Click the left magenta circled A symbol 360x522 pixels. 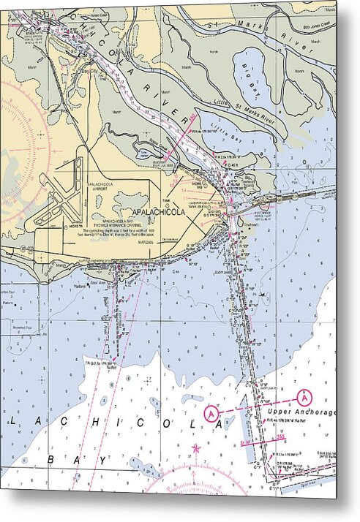click(x=211, y=414)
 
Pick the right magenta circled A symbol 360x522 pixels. click(x=304, y=397)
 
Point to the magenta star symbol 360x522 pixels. click(x=195, y=447)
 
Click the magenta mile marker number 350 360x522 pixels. click(x=193, y=117)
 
